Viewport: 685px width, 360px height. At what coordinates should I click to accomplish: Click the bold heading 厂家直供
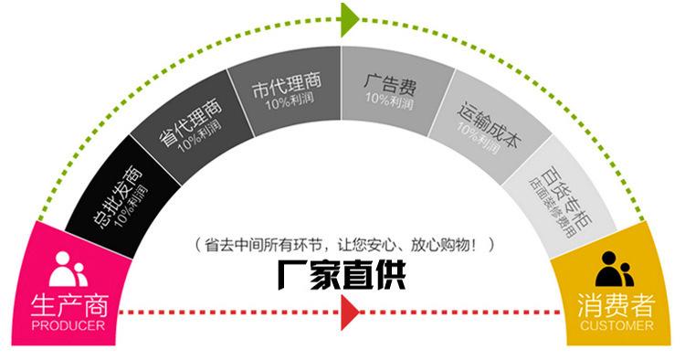(342, 275)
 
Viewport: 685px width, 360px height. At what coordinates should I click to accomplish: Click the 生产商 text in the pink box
(68, 303)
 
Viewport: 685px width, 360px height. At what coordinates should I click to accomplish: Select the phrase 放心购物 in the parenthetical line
(435, 245)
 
